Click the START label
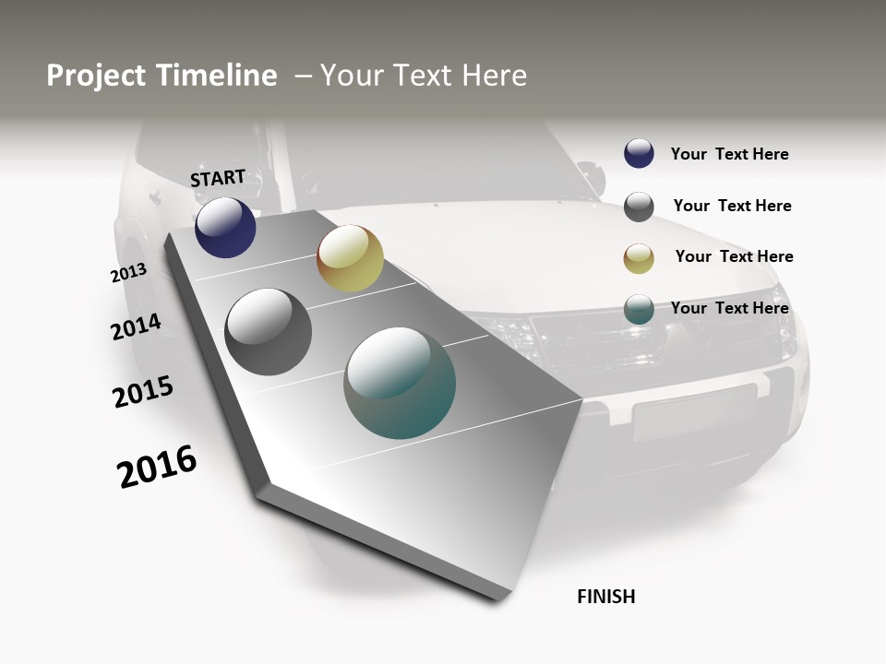pos(218,178)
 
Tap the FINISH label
pos(606,597)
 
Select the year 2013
pos(128,273)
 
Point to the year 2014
pos(137,326)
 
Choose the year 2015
pos(143,392)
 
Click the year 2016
pos(157,467)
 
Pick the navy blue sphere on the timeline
pos(225,227)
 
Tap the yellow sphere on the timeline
pos(350,258)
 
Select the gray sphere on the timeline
pos(269,332)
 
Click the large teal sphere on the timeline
pos(400,383)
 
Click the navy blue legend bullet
pos(639,153)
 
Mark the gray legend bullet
pos(639,207)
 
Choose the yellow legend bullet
pos(639,259)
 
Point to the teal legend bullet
pos(639,309)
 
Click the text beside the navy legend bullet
pos(729,154)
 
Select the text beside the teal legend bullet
pos(729,308)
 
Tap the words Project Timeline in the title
pos(162,76)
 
